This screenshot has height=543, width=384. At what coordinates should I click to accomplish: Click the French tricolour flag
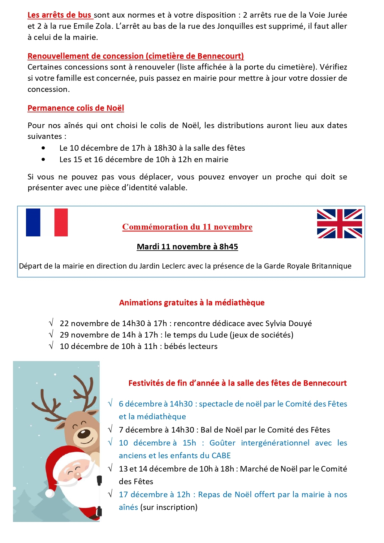coord(47,222)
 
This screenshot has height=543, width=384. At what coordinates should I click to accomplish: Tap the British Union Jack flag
coord(339,224)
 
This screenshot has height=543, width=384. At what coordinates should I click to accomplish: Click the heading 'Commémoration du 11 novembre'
coord(187,227)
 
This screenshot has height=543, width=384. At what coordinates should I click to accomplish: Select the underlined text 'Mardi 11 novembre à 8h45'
coord(187,247)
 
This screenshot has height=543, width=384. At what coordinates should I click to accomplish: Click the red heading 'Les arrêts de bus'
coord(59,15)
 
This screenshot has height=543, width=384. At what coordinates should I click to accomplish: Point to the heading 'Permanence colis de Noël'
coord(76,108)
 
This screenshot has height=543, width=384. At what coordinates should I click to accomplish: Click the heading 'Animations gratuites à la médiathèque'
coord(192,303)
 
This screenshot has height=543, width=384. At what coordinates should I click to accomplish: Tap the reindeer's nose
coord(84,433)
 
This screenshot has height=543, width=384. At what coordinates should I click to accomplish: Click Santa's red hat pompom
coord(50,493)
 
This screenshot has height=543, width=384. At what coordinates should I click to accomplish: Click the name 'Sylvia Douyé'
coord(288,323)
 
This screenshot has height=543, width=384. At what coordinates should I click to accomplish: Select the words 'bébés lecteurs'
coord(191,346)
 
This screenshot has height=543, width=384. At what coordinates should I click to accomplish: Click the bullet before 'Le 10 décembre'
coord(43,148)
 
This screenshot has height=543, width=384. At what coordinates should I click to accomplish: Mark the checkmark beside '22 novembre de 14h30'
coord(51,323)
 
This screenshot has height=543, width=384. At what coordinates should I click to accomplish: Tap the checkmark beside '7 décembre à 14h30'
coord(110,429)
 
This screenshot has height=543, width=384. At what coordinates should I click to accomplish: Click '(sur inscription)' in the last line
coord(169,507)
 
